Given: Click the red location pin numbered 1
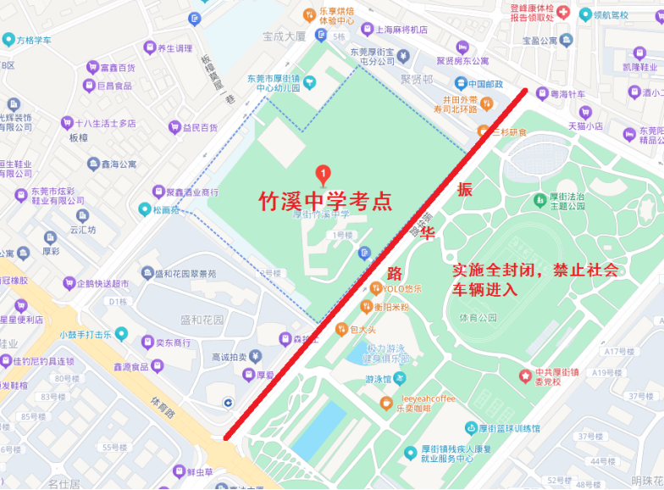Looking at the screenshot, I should [322, 175].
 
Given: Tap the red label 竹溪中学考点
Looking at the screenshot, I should [325, 201].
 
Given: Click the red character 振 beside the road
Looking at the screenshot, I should [465, 189].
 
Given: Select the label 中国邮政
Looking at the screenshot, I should [485, 83].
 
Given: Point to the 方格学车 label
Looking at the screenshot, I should [34, 40].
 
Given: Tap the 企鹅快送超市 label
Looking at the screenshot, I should [102, 284].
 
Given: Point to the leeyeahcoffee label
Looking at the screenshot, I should [428, 398].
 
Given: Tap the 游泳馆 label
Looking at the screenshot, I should [379, 379].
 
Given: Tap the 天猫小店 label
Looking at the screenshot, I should [584, 126].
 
